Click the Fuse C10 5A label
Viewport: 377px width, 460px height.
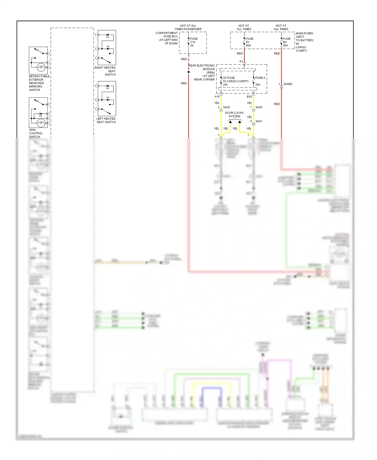[x=194, y=42]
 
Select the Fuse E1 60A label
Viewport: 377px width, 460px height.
[x=249, y=42]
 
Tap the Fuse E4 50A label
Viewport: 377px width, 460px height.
[x=287, y=42]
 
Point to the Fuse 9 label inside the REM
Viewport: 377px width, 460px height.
[x=260, y=78]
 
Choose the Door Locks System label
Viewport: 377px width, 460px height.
[x=234, y=114]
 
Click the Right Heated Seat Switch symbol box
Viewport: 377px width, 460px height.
[x=107, y=48]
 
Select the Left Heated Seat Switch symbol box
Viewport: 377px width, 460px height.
[x=107, y=98]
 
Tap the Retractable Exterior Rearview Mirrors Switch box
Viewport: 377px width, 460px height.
[x=38, y=60]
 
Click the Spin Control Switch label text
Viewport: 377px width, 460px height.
[x=35, y=133]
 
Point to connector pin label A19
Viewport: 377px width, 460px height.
[x=217, y=97]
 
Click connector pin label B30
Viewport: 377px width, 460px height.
[x=249, y=97]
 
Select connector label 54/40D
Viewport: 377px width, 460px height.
[x=288, y=84]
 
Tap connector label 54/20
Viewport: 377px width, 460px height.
[x=226, y=107]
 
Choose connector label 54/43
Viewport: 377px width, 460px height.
[x=259, y=107]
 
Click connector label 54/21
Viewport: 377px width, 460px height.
[x=259, y=121]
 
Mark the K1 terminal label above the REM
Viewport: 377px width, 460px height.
[x=241, y=61]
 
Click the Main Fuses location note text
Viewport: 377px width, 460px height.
[x=305, y=42]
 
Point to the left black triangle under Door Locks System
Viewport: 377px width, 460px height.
[x=230, y=122]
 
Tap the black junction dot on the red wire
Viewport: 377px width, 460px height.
[x=189, y=72]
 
